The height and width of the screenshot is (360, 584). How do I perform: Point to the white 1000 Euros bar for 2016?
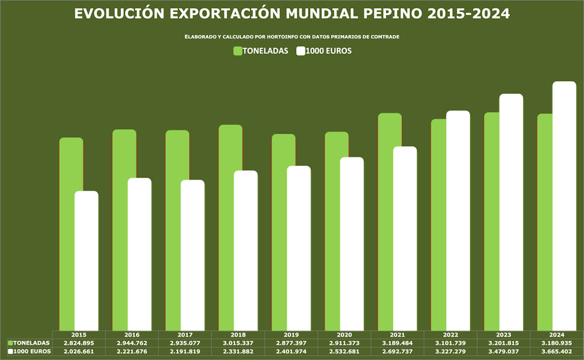139,254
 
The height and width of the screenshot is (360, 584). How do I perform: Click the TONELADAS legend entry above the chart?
261,51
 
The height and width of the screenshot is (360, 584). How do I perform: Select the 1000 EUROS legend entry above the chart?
324,51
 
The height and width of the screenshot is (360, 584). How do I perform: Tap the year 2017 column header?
185,335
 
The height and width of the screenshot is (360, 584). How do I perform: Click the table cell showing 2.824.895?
79,342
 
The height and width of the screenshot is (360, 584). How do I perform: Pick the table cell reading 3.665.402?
557,351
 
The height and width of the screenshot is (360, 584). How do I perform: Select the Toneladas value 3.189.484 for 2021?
397,342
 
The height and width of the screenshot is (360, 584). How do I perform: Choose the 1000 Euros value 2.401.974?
291,351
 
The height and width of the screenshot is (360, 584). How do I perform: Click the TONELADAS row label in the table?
29,342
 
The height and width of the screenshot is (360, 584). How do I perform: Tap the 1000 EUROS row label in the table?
29,351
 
